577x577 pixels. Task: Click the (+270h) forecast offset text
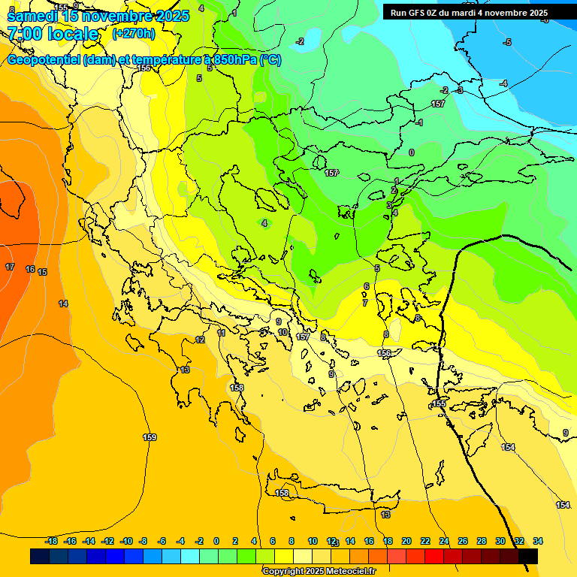133,33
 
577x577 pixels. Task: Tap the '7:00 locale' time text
53,34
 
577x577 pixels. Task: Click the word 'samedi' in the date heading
31,15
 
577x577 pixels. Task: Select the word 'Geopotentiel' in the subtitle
44,60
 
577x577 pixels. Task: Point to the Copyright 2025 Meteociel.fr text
319,571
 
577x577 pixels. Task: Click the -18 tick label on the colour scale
52,541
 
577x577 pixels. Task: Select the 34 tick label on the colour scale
538,541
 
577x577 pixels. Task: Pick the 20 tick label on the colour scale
406,541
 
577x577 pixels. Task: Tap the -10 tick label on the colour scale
126,541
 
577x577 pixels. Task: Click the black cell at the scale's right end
528,556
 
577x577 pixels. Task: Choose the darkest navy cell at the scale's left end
40,556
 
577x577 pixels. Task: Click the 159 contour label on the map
150,437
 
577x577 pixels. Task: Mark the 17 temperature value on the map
10,267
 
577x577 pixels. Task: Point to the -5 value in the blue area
507,43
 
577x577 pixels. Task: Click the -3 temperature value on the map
459,91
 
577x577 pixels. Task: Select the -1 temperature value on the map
418,122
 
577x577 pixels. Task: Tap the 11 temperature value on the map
221,333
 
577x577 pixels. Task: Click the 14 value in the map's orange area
63,304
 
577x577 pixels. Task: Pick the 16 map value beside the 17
30,269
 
